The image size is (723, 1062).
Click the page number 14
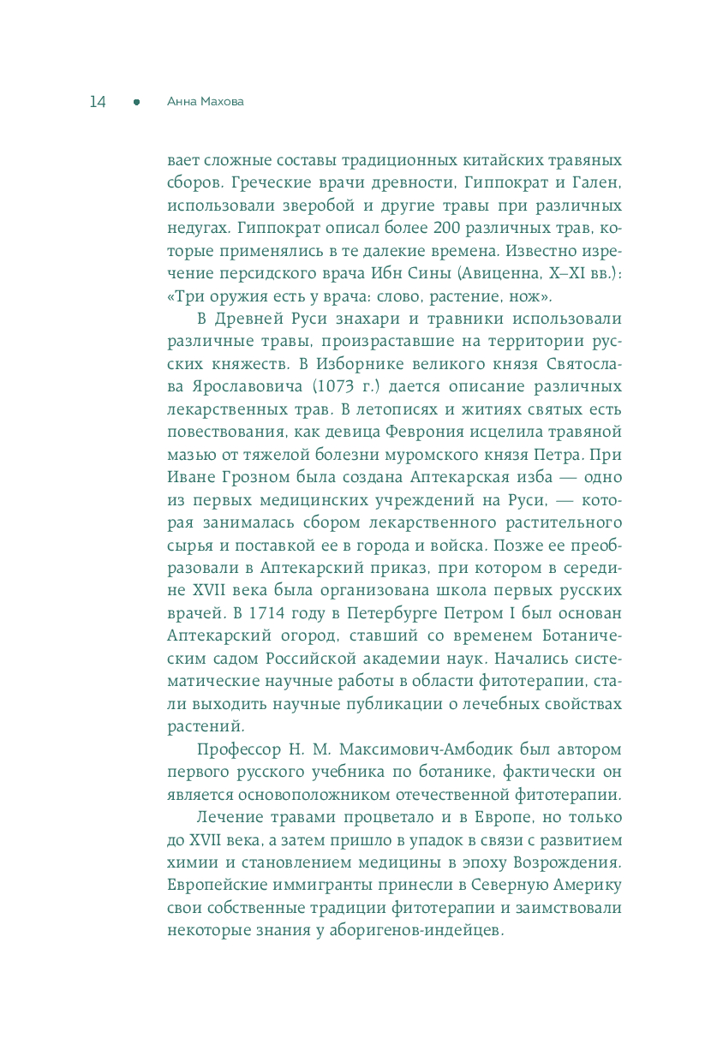pyautogui.click(x=97, y=102)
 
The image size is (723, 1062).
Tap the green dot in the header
pyautogui.click(x=136, y=102)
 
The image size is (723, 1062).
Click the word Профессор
pyautogui.click(x=238, y=750)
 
